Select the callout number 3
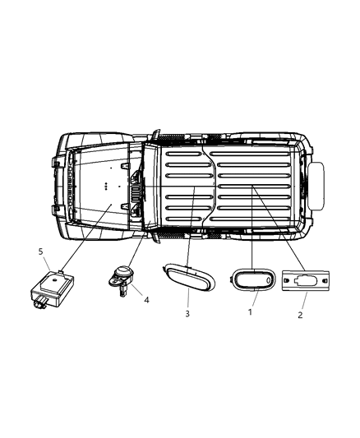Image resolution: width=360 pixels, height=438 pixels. coord(187,313)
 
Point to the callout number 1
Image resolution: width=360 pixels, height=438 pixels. coord(252,313)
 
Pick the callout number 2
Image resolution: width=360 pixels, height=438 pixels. coord(300,314)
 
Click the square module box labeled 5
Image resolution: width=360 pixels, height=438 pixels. coord(55,285)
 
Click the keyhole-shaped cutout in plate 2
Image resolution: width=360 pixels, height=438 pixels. coord(307,280)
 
